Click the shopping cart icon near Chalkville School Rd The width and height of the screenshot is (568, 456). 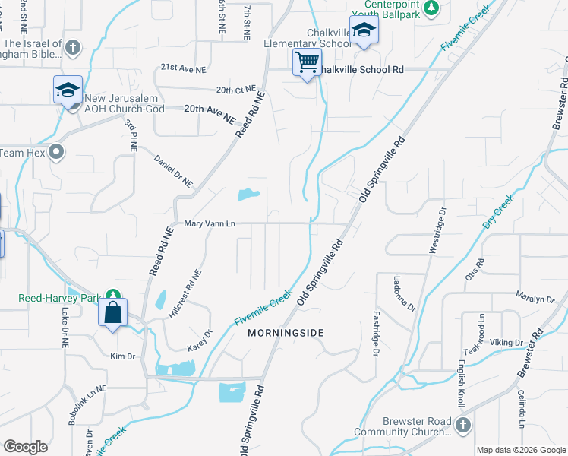[x=307, y=62]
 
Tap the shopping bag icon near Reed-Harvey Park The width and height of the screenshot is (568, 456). [x=112, y=312]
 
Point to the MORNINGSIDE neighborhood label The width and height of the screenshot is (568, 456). [x=286, y=333]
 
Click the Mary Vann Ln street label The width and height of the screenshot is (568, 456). [x=210, y=224]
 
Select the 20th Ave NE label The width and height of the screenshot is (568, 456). [x=207, y=109]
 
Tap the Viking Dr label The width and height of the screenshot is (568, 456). [x=506, y=343]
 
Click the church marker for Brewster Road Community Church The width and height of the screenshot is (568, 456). [x=463, y=426]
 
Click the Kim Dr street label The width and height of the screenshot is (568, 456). [x=122, y=356]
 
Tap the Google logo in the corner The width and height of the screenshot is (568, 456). [x=26, y=447]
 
